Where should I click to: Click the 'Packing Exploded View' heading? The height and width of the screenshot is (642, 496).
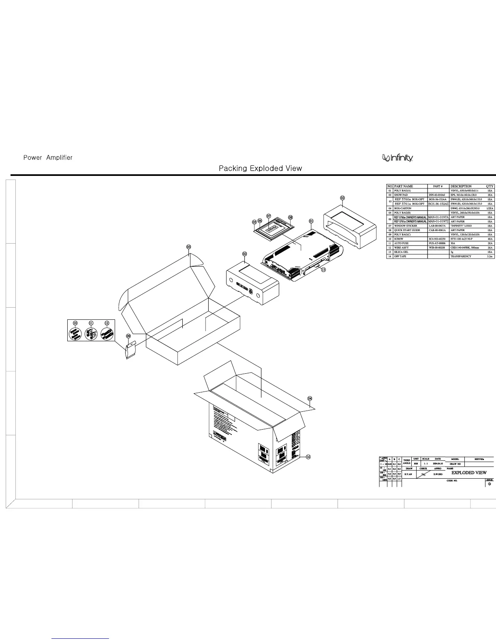260,168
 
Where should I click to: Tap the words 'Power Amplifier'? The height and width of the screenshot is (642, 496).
48,158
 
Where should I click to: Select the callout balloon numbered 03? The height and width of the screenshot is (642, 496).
188,247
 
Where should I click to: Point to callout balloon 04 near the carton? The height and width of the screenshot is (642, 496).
310,398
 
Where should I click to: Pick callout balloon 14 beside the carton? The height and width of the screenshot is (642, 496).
308,457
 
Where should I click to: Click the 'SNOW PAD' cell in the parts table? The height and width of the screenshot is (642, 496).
401,195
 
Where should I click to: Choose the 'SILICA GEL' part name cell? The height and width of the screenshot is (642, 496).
401,252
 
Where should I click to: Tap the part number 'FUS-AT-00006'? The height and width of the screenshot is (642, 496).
437,243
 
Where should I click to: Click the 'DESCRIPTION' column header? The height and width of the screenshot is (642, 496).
461,186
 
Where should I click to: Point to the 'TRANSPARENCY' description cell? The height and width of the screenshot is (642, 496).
461,256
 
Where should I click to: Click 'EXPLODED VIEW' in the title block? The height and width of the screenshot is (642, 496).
469,473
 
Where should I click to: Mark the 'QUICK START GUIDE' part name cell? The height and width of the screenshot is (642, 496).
407,230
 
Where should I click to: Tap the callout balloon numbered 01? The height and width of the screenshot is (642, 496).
311,221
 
